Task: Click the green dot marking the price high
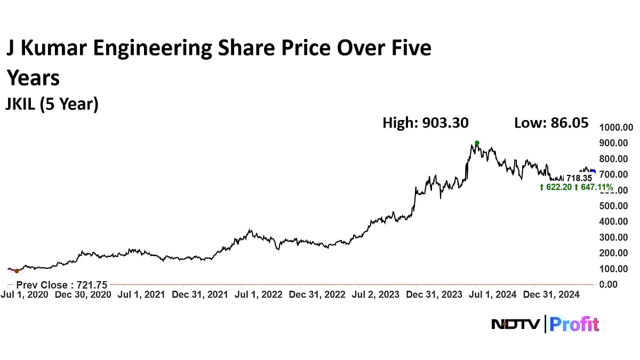[x=477, y=143]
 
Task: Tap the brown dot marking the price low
[x=17, y=271]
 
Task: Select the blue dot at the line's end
[x=593, y=171]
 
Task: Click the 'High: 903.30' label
[x=426, y=123]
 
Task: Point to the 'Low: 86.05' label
[x=551, y=123]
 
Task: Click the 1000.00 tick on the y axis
[x=616, y=127]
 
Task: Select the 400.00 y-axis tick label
[x=616, y=221]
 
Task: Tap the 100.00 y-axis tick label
[x=616, y=268]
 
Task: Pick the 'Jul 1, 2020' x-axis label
[x=25, y=294]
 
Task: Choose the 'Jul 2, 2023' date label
[x=375, y=294]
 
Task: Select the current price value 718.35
[x=579, y=178]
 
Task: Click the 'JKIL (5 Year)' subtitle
[x=52, y=104]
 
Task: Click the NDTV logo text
[x=515, y=324]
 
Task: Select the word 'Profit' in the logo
[x=574, y=324]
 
